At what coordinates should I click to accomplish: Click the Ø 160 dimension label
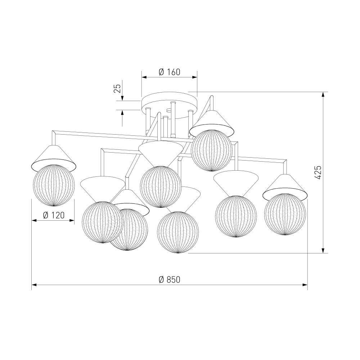[x=170, y=72]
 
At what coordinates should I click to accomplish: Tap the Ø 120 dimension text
[x=54, y=215]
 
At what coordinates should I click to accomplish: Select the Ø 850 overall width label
[x=170, y=280]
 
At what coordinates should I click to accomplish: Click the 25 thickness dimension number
[x=117, y=89]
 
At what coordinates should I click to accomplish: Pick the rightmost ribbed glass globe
[x=285, y=214]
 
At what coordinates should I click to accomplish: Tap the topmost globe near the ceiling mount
[x=212, y=150]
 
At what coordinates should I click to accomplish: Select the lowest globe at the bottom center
[x=178, y=232]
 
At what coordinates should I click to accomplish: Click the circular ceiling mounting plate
[x=170, y=105]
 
